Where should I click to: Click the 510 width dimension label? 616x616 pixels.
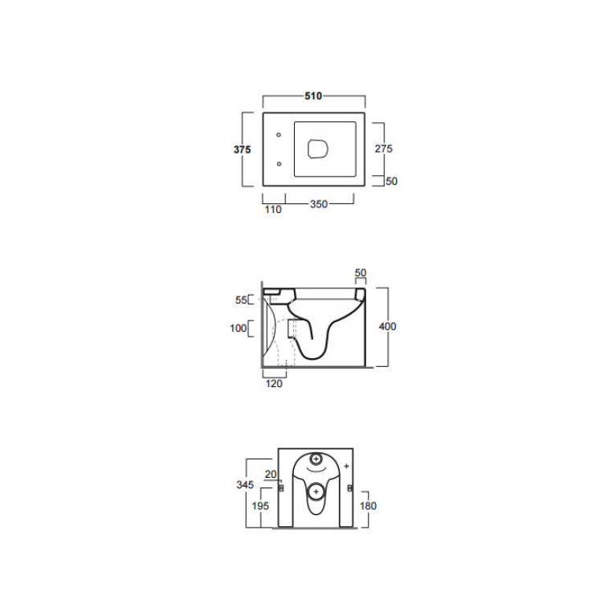coord(313,96)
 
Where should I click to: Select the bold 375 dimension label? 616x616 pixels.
coord(242,149)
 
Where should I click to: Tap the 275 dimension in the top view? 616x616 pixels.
coord(383,149)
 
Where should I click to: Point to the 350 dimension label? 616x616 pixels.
coord(319,204)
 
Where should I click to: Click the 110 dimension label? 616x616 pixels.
coord(273,210)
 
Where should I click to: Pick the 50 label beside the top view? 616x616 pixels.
coord(392,182)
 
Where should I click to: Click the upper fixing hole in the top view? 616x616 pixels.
coord(279,135)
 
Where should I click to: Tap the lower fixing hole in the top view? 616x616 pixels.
coord(279,164)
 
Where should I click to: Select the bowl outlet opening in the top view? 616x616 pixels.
coord(317,149)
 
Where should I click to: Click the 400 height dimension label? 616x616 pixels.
coord(387,326)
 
